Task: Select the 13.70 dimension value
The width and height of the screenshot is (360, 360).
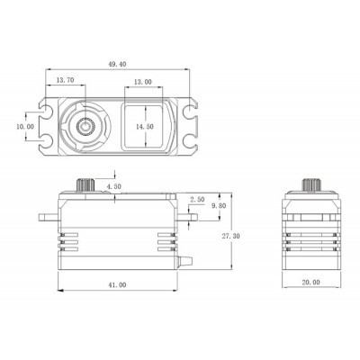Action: [66, 81]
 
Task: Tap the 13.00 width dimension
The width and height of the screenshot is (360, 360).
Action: [142, 81]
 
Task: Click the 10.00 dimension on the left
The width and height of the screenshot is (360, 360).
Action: [26, 127]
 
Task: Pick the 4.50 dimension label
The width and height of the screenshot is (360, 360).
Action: [114, 187]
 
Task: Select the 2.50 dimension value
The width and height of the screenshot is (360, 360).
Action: [197, 199]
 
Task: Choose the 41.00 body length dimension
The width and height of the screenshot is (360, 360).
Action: [115, 285]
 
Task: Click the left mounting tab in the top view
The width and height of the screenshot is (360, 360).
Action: [46, 127]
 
